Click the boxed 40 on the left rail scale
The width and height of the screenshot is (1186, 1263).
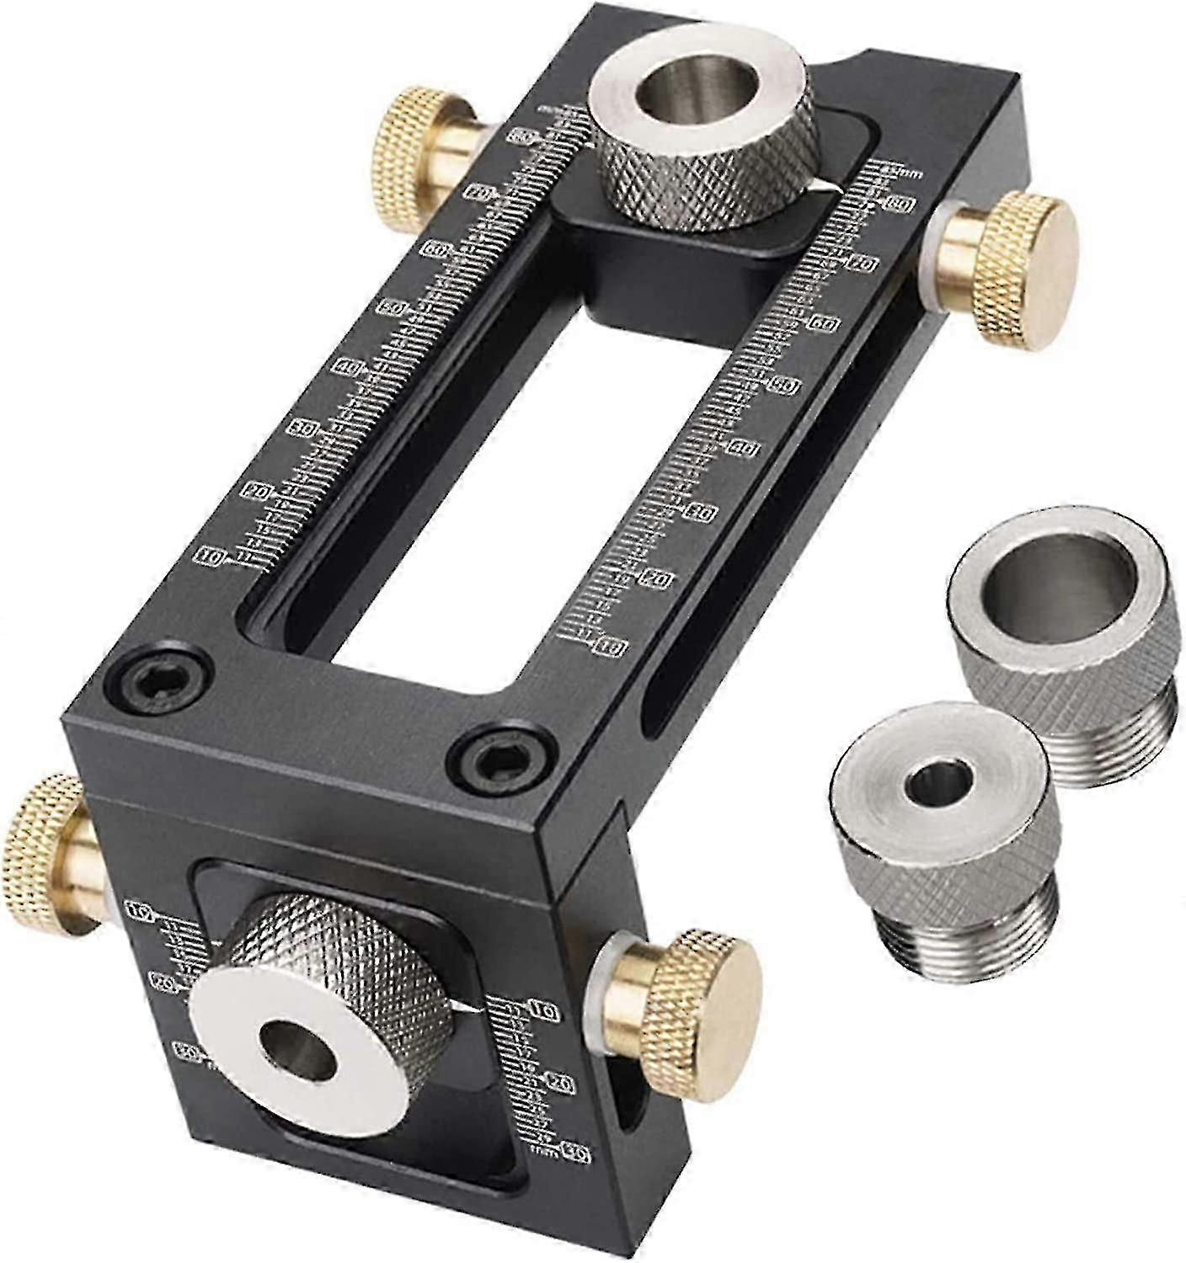click(x=348, y=367)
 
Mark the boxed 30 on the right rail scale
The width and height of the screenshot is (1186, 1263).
click(x=701, y=513)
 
